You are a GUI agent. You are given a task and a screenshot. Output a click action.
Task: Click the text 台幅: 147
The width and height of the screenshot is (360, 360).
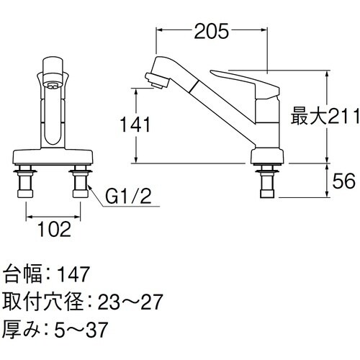[46, 274]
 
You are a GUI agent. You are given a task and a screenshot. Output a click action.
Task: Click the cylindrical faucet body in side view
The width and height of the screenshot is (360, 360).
[266, 126]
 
